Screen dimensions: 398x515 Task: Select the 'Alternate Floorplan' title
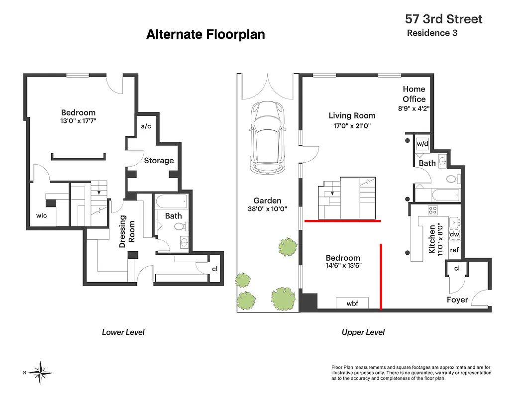point(206,34)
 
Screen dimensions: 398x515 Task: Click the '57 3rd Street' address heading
point(443,19)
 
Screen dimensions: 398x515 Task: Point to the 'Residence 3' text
point(432,33)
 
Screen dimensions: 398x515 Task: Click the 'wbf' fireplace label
point(352,303)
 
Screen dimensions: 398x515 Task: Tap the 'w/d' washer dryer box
point(422,144)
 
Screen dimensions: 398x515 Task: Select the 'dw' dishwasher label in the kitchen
point(454,234)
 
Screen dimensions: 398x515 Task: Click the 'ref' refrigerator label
point(454,250)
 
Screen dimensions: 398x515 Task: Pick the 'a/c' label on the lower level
point(146,126)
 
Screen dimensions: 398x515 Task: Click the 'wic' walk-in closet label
point(41,216)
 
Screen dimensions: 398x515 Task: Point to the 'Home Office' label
point(414,94)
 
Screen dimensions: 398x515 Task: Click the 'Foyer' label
point(457,299)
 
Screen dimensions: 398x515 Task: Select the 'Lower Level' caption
point(123,332)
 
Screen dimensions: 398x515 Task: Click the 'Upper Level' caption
point(363,332)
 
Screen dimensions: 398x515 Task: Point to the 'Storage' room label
point(159,161)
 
